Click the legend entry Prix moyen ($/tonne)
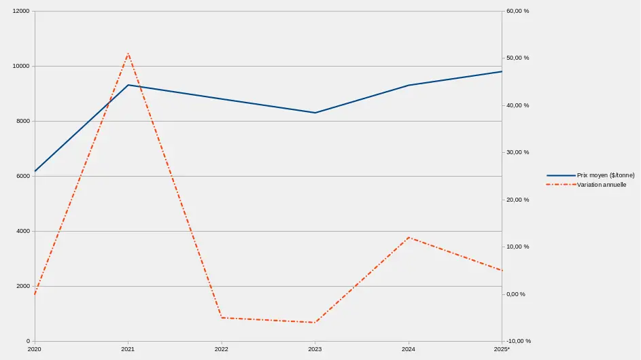click(605, 175)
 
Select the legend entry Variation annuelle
click(601, 185)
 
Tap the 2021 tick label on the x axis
click(128, 349)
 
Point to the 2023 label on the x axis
click(315, 349)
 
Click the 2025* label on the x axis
click(502, 349)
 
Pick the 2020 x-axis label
click(35, 349)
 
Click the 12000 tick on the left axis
click(21, 12)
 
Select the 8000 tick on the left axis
click(23, 121)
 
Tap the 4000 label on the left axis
click(23, 231)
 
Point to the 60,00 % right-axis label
click(518, 12)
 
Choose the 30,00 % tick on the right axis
click(518, 152)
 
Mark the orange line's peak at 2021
click(128, 53)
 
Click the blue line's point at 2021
click(128, 85)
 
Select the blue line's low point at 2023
click(315, 113)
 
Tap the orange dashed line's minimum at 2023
click(315, 323)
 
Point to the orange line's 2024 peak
click(409, 237)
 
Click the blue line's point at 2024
click(409, 85)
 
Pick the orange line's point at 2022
click(222, 318)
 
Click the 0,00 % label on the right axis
click(518, 294)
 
